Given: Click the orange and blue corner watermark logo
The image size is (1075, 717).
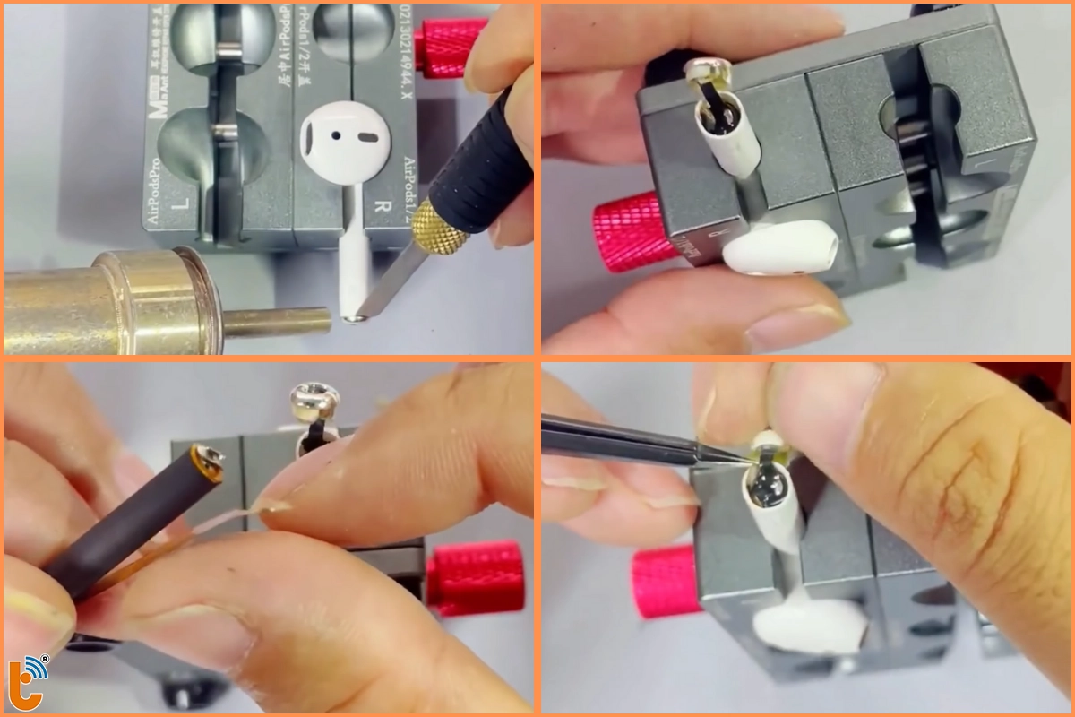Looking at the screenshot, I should click(x=32, y=675).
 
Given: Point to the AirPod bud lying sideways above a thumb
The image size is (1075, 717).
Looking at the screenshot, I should click(x=779, y=246).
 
